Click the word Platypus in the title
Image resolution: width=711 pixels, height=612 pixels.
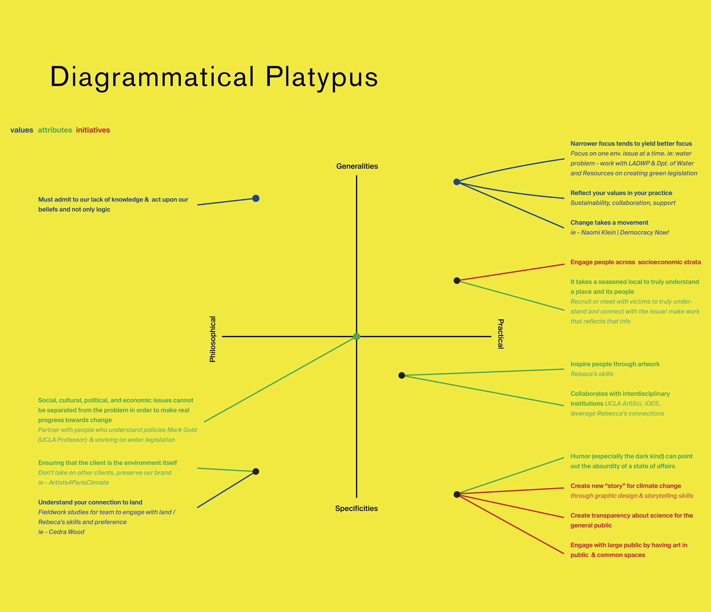click(x=321, y=77)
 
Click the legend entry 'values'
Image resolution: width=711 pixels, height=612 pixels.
click(x=22, y=130)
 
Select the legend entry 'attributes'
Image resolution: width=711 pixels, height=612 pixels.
click(x=55, y=130)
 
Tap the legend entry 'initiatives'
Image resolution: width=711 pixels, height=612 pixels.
click(x=93, y=130)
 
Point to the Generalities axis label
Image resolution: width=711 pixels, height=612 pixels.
click(x=357, y=166)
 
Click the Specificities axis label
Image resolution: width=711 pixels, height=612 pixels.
click(x=356, y=508)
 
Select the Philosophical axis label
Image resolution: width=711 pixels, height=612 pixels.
click(x=213, y=339)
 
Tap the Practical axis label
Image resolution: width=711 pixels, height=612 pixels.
click(x=500, y=334)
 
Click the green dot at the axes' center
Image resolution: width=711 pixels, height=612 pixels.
click(x=357, y=337)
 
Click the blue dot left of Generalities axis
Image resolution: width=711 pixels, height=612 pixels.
click(x=256, y=198)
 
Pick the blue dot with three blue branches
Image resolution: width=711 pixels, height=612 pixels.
click(x=457, y=182)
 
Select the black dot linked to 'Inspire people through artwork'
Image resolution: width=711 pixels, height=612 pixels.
click(x=402, y=375)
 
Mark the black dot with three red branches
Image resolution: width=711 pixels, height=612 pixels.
click(x=457, y=494)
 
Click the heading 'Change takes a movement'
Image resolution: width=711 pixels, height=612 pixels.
click(x=609, y=223)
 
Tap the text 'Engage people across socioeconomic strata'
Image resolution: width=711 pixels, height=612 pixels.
click(x=636, y=262)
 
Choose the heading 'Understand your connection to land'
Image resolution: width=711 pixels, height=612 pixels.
click(x=90, y=502)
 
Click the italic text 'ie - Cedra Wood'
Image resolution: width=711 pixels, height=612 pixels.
click(x=61, y=532)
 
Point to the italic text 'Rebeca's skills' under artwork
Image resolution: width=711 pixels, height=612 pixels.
click(x=592, y=374)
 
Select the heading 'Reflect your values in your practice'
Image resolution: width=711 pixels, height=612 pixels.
click(x=621, y=193)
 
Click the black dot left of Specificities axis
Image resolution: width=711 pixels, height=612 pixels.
click(x=256, y=471)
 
